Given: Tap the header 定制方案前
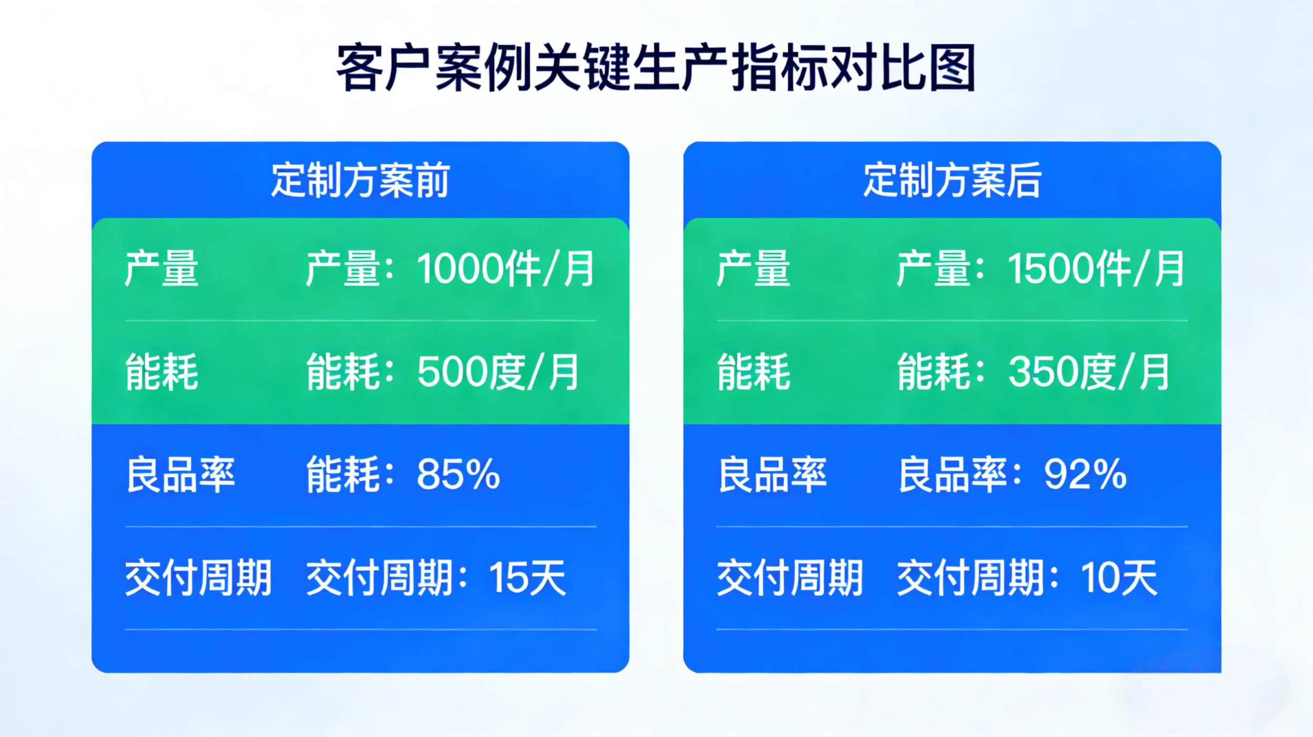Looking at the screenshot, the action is click(360, 180).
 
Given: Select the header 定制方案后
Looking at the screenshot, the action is click(952, 180).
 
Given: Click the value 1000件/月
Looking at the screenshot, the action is click(505, 269).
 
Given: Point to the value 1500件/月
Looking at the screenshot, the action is click(1096, 269).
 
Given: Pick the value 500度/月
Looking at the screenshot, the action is click(498, 372).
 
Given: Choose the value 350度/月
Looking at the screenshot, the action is click(1089, 372).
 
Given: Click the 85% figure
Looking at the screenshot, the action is click(458, 475).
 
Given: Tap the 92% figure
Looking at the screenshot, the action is click(1086, 475).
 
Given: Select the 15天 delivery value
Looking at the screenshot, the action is click(527, 577).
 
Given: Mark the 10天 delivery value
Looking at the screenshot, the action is click(1119, 577).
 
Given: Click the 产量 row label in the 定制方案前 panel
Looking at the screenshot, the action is click(162, 269).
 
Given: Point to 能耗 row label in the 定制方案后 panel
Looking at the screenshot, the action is click(754, 372).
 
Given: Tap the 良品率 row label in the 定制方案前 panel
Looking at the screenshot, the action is click(180, 475).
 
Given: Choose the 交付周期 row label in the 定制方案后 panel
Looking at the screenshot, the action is click(790, 577).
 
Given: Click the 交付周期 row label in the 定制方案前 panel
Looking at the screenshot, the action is click(199, 577).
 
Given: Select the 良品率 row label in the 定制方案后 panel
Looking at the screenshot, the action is click(772, 475).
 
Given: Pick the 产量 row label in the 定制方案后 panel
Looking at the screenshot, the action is click(754, 269).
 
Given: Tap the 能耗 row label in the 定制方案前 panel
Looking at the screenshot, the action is click(162, 372).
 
